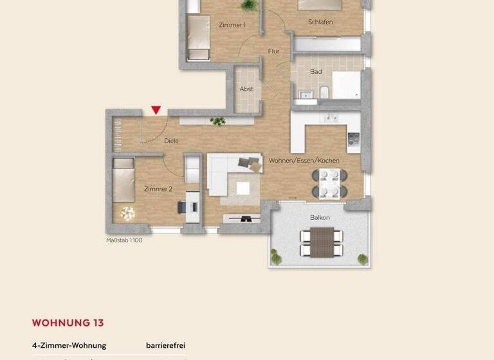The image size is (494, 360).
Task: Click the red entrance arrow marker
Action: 156,111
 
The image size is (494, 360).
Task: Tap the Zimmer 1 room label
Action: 232,25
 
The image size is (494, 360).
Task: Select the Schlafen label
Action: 320,22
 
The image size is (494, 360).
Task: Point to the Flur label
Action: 273,51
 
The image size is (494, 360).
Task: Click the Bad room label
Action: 316,71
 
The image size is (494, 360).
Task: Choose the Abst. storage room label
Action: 247,89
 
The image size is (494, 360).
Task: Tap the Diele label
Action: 172,140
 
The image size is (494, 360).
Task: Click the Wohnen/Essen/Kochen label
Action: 304,160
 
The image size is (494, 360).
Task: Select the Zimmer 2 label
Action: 158,189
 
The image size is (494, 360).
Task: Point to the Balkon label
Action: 320,217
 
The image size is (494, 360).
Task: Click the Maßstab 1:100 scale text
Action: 124,240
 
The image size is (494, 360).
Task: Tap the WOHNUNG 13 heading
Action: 68,323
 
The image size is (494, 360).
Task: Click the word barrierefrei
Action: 165,345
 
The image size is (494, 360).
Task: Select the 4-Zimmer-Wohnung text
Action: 69,345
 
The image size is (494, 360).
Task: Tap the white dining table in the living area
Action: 330,183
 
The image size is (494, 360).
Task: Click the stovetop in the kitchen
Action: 353,138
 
